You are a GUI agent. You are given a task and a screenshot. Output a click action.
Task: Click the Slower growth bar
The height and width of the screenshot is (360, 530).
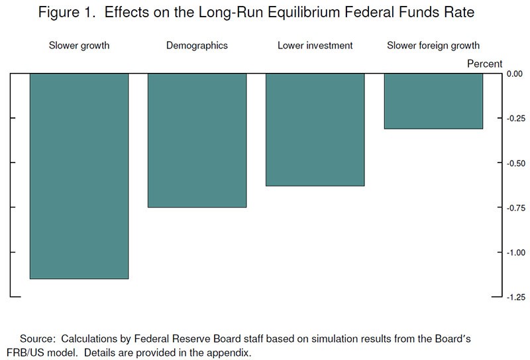[79, 176]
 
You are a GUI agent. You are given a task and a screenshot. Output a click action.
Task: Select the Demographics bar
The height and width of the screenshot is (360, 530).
[197, 141]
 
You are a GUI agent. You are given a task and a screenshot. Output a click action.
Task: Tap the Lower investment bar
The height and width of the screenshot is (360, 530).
[315, 129]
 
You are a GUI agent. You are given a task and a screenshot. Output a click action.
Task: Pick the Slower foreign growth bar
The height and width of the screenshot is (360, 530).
[433, 101]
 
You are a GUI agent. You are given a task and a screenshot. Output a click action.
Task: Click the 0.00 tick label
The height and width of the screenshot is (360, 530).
[515, 74]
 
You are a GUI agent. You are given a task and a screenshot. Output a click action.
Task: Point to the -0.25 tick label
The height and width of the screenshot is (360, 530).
[516, 119]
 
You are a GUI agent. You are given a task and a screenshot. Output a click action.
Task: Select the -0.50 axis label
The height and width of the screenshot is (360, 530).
[516, 163]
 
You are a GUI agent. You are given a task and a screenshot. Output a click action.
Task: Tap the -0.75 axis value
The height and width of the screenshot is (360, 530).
[516, 208]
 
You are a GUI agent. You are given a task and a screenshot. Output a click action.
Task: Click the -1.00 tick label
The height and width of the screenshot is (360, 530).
[516, 253]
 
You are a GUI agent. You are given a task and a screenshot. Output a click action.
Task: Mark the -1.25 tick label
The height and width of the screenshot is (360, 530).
[516, 298]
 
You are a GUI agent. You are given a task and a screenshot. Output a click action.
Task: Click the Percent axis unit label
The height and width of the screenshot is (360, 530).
[485, 64]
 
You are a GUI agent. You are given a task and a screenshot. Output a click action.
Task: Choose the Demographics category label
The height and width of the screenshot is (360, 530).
[197, 46]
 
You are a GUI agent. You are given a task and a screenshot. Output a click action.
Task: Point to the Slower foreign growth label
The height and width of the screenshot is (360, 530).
[433, 46]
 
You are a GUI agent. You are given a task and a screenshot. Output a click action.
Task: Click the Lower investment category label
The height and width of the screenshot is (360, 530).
[315, 45]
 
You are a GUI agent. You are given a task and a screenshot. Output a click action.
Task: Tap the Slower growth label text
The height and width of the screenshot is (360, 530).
[79, 46]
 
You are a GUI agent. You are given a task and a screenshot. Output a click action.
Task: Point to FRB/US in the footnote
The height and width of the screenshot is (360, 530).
[25, 353]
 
